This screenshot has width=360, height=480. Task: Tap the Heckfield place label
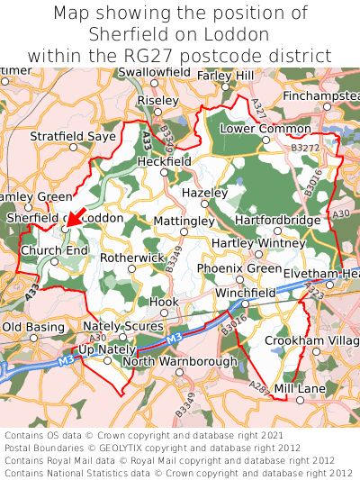click(x=164, y=160)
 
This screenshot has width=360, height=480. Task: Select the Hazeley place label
click(x=204, y=193)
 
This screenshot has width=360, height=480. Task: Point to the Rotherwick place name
click(x=132, y=257)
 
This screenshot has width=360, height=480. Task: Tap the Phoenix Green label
click(x=239, y=268)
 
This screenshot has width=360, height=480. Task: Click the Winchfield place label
click(x=246, y=294)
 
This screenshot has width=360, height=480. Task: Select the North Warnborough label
click(x=179, y=361)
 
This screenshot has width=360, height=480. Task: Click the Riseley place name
click(x=158, y=101)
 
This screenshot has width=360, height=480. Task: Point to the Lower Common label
click(x=259, y=130)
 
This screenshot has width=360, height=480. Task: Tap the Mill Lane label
click(x=300, y=388)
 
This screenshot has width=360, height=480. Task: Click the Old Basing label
click(x=33, y=326)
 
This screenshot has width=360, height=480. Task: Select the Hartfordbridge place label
click(x=277, y=220)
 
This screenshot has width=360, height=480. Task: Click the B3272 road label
click(x=306, y=146)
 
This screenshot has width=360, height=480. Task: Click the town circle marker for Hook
click(x=164, y=313)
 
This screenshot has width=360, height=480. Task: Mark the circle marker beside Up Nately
click(x=107, y=360)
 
